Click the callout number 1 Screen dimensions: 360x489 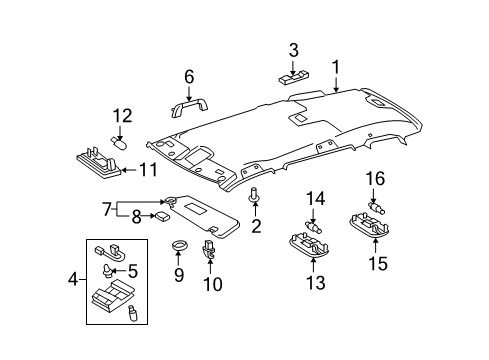(336, 68)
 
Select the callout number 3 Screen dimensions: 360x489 (293, 50)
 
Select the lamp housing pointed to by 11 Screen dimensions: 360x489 (95, 159)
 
